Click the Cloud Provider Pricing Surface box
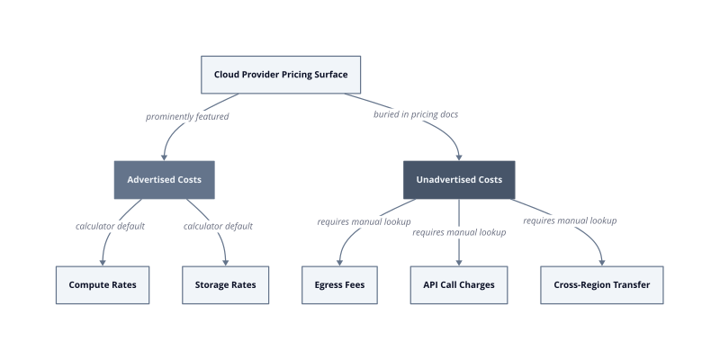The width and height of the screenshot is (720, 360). pyautogui.click(x=281, y=75)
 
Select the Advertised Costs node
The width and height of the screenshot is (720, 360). pyautogui.click(x=165, y=179)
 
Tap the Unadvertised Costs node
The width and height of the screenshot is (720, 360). pyautogui.click(x=459, y=179)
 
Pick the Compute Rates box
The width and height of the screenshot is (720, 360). pyautogui.click(x=103, y=284)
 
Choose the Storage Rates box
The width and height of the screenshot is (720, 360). pyautogui.click(x=226, y=284)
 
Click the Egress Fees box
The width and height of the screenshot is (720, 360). pyautogui.click(x=340, y=284)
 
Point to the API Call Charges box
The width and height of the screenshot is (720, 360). pyautogui.click(x=459, y=284)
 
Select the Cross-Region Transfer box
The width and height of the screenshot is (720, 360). pyautogui.click(x=601, y=284)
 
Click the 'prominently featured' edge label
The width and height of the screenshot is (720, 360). pyautogui.click(x=187, y=117)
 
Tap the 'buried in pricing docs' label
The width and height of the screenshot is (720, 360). pyautogui.click(x=416, y=114)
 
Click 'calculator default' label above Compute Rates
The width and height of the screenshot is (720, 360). pyautogui.click(x=110, y=226)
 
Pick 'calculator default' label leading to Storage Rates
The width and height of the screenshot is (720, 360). pyautogui.click(x=218, y=226)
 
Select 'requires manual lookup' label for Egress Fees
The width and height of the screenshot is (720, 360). pyautogui.click(x=364, y=221)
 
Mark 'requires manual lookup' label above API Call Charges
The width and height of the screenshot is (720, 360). pyautogui.click(x=459, y=232)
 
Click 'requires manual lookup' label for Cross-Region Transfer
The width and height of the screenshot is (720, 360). pyautogui.click(x=570, y=220)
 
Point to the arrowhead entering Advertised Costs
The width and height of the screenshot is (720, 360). pyautogui.click(x=164, y=157)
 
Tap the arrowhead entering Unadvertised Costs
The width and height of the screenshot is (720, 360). pyautogui.click(x=459, y=157)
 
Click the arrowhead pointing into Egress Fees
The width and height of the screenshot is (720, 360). pyautogui.click(x=340, y=263)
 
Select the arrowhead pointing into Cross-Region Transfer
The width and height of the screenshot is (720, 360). pyautogui.click(x=602, y=263)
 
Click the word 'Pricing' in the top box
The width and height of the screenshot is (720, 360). pyautogui.click(x=297, y=75)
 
